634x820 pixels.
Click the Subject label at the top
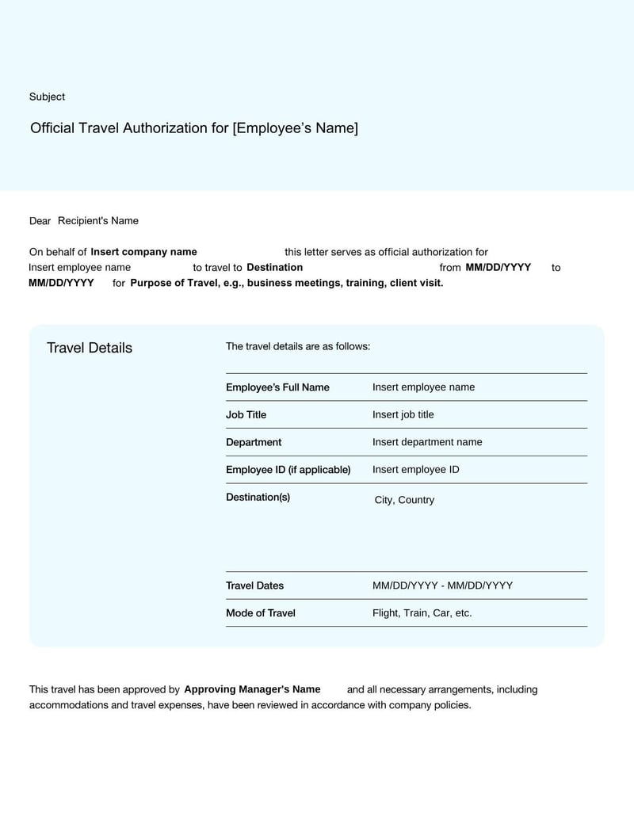pyautogui.click(x=47, y=97)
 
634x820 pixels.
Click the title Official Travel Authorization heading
pyautogui.click(x=193, y=128)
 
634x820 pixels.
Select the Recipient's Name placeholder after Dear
pyautogui.click(x=98, y=220)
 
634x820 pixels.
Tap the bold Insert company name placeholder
pyautogui.click(x=143, y=252)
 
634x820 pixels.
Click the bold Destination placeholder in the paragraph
pyautogui.click(x=274, y=267)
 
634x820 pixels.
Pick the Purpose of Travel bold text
pyautogui.click(x=286, y=283)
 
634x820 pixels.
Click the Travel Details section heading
pyautogui.click(x=90, y=348)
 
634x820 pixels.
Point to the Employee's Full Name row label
pyautogui.click(x=277, y=387)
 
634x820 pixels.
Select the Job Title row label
pyautogui.click(x=246, y=414)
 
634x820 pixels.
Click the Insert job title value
pyautogui.click(x=403, y=414)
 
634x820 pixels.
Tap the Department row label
pyautogui.click(x=254, y=442)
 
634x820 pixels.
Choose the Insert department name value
pyautogui.click(x=427, y=442)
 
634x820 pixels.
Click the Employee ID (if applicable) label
pyautogui.click(x=288, y=470)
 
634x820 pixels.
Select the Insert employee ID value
pyautogui.click(x=415, y=470)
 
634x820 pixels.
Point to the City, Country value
pyautogui.click(x=404, y=500)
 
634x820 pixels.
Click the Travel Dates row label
pyautogui.click(x=254, y=585)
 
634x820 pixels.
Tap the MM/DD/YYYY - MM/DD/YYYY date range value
pyautogui.click(x=442, y=585)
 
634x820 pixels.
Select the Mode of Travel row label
pyautogui.click(x=260, y=613)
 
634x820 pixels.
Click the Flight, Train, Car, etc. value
pyautogui.click(x=422, y=613)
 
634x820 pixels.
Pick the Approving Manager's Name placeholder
pyautogui.click(x=252, y=689)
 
